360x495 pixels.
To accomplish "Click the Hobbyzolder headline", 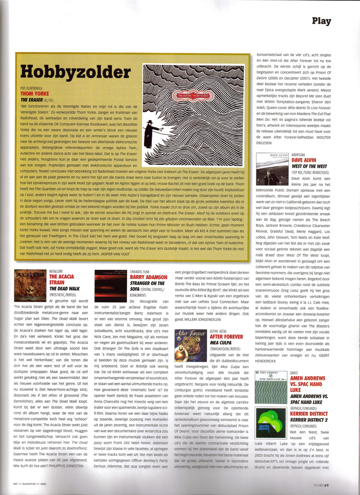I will pyautogui.click(x=75, y=72).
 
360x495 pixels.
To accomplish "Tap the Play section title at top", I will pyautogui.click(x=321, y=21).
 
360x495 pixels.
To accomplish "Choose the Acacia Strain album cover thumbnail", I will pyautogui.click(x=30, y=286).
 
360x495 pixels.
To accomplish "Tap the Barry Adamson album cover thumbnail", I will pyautogui.click(x=110, y=286).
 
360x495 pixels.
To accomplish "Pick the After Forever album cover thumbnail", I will pyautogui.click(x=190, y=345).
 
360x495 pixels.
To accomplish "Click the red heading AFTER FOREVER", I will pyautogui.click(x=226, y=336).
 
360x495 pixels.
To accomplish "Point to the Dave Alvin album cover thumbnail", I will pyautogui.click(x=272, y=169).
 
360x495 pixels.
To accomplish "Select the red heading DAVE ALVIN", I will pyautogui.click(x=303, y=160).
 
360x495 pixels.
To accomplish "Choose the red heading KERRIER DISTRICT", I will pyautogui.click(x=309, y=414).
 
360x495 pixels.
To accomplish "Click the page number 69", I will pyautogui.click(x=327, y=485).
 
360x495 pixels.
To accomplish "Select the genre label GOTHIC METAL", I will pyautogui.click(x=220, y=331).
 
